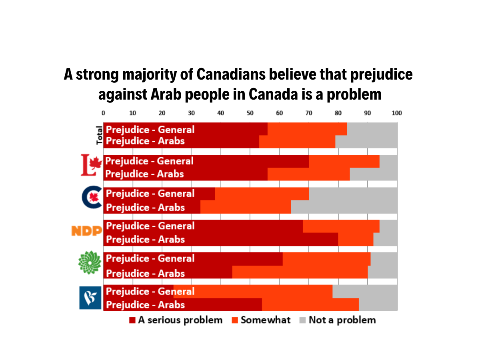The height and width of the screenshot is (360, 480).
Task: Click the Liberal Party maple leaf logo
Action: coord(92,165)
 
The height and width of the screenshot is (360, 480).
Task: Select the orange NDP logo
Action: coord(87,231)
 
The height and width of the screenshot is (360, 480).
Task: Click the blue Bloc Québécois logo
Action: coord(90,298)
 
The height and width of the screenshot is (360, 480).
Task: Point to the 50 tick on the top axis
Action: coord(250,113)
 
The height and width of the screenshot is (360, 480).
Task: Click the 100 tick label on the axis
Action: coord(396,113)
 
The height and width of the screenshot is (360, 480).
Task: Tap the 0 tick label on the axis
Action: coord(103,113)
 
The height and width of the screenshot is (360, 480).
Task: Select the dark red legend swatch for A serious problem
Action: coord(132,320)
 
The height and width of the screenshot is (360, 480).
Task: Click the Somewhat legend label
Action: coord(266,320)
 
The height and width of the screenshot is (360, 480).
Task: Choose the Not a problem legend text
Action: coord(342,320)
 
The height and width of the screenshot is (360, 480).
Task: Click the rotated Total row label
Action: coord(99,135)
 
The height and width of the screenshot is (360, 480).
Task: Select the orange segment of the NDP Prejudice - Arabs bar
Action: coord(356,240)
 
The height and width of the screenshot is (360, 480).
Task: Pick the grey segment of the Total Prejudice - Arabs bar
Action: coord(366,142)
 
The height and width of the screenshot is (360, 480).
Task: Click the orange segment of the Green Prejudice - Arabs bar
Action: coord(300,272)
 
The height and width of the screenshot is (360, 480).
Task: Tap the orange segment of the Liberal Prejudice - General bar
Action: coord(344,161)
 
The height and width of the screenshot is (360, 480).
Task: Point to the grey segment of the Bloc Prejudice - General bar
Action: coord(364,291)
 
